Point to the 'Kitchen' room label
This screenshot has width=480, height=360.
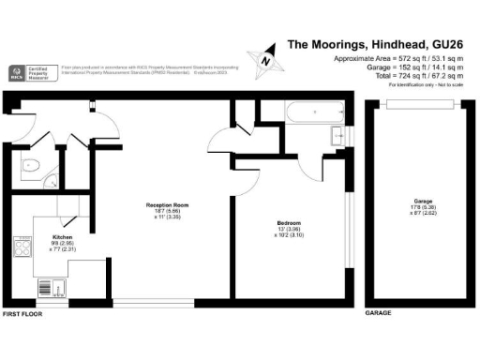click(x=63, y=238)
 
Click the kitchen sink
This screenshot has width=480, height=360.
click(x=49, y=286)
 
